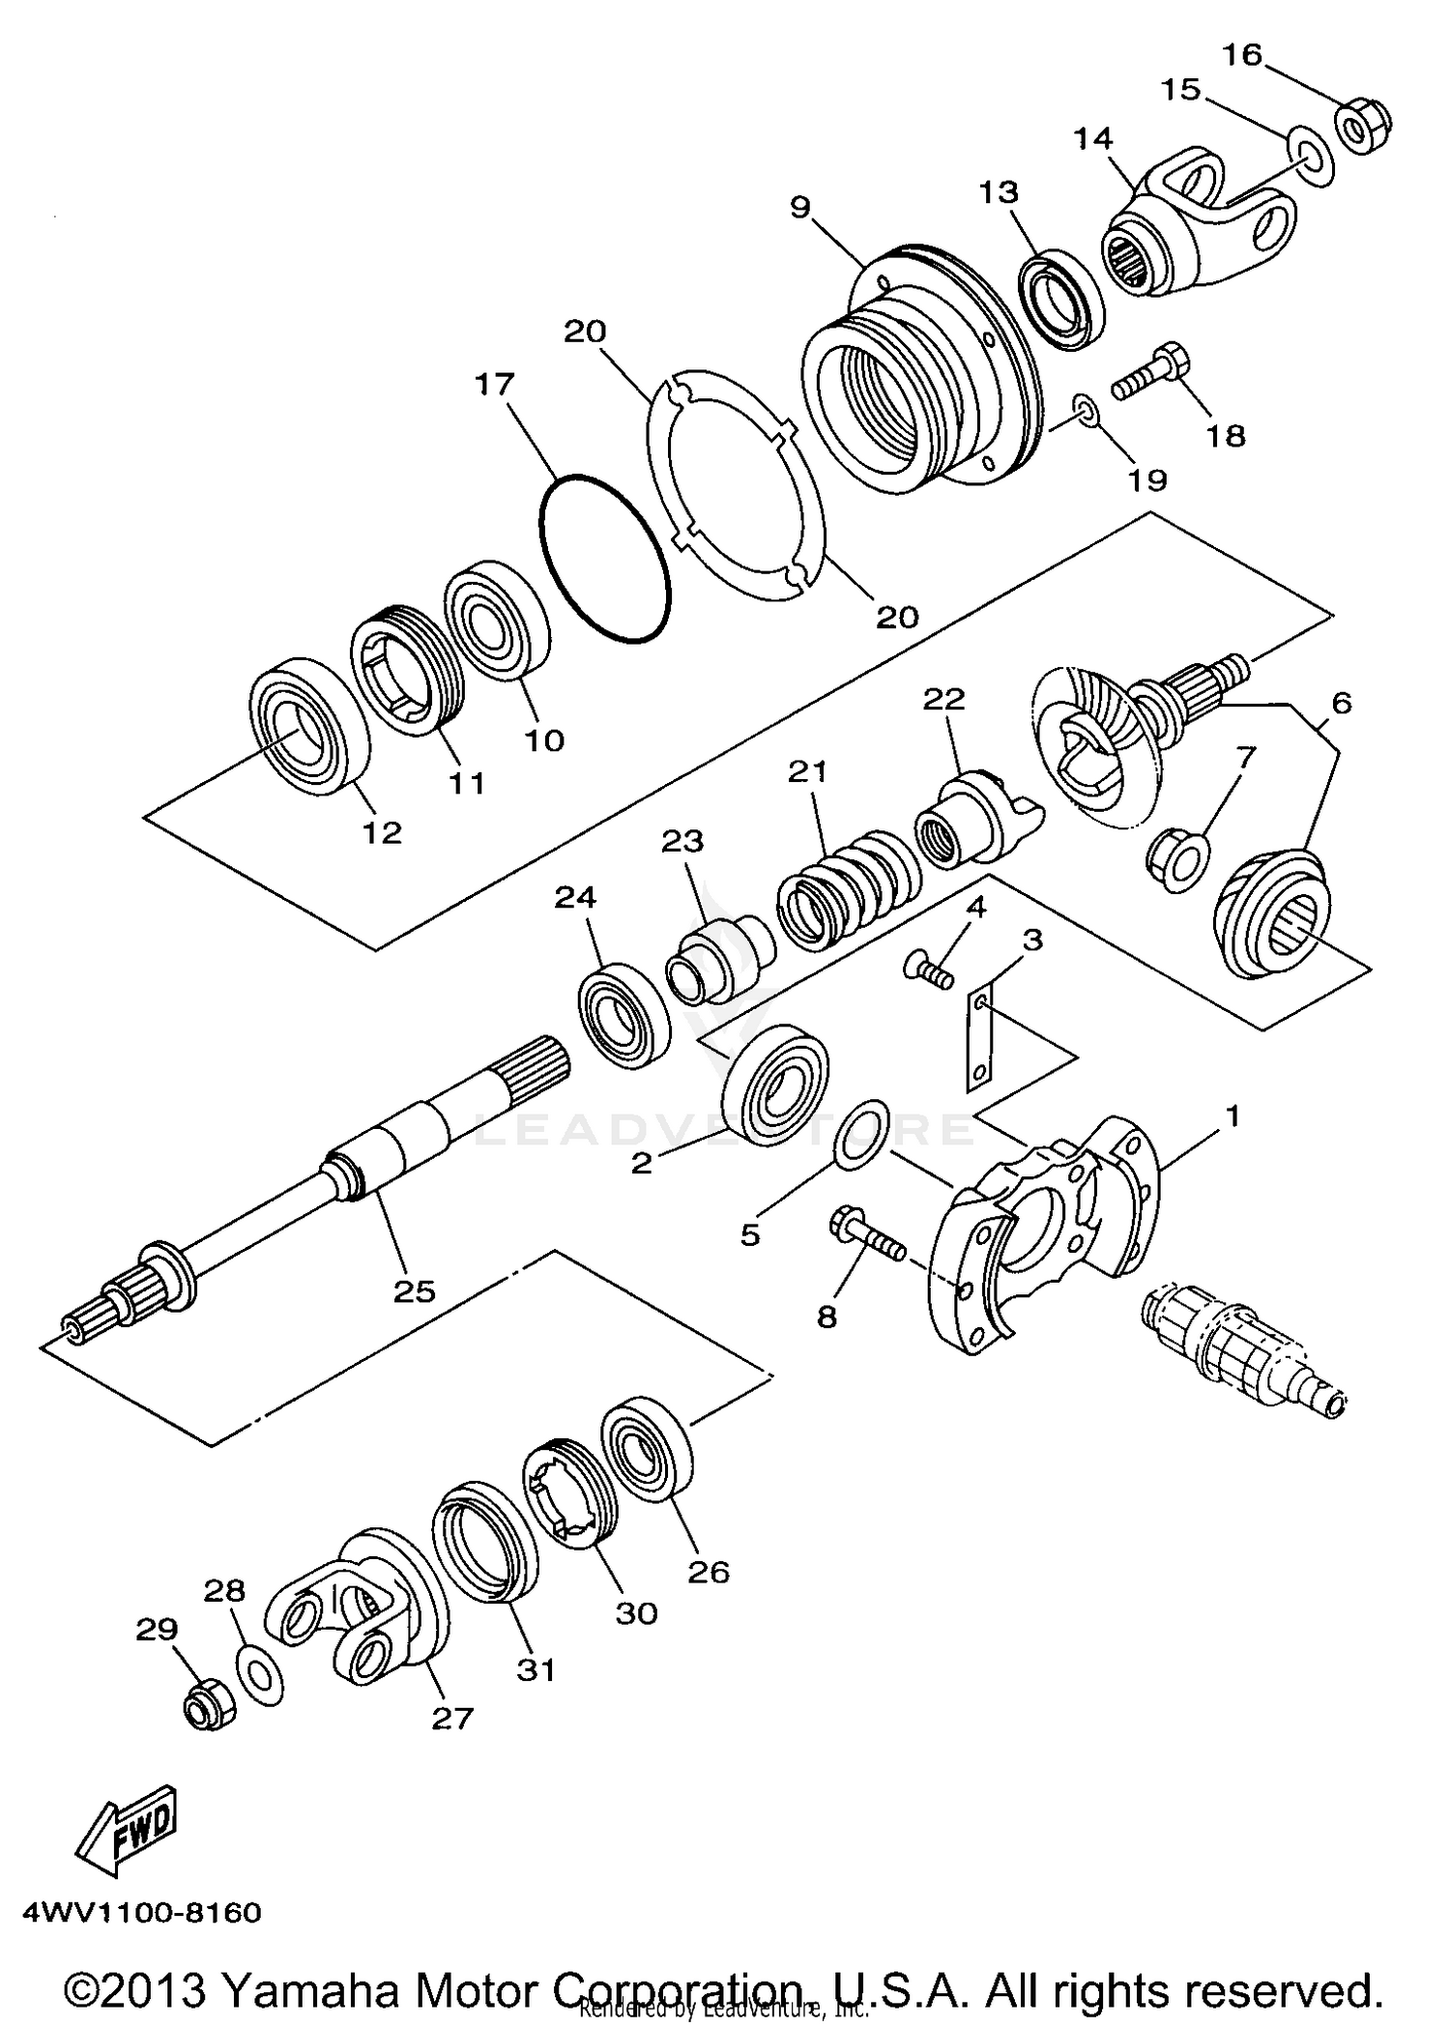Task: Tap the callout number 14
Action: pyautogui.click(x=1092, y=139)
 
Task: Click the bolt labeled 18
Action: pyautogui.click(x=1152, y=378)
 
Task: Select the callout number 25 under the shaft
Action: pyautogui.click(x=414, y=1290)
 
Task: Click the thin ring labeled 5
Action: pyautogui.click(x=860, y=1133)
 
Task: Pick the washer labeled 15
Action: pyautogui.click(x=1310, y=156)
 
